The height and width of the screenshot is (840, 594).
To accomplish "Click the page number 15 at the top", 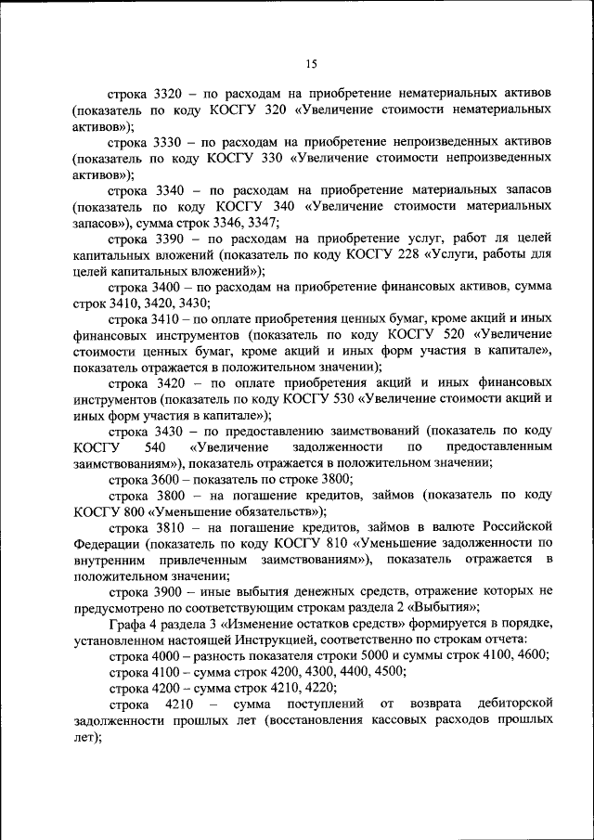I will tap(310, 63).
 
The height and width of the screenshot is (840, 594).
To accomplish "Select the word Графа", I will tap(127, 624).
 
